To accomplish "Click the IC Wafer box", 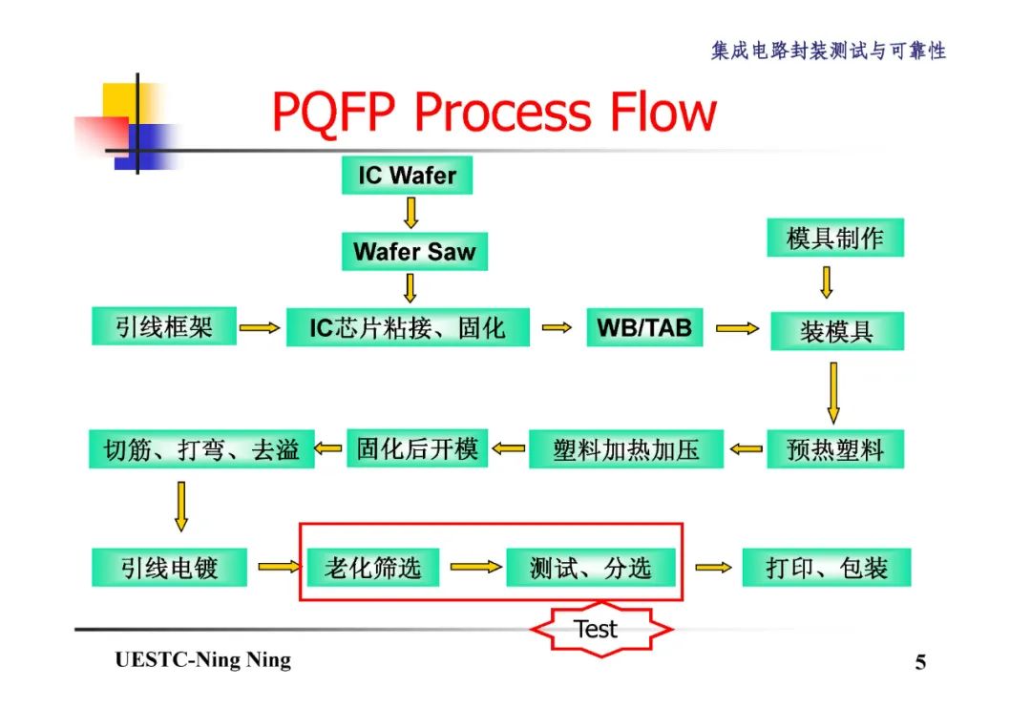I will point(407,176).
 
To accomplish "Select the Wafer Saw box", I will point(414,252).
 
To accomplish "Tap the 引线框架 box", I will point(164,327).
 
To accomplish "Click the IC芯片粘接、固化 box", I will point(408,328).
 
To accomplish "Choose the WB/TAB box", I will point(644,328).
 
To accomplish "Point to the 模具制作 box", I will point(835,239).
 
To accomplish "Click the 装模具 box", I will point(836,331).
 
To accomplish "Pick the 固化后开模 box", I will point(417,447).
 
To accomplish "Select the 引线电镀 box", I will point(170,568).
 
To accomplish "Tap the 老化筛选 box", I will point(372,568).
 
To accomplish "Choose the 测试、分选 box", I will point(590,568).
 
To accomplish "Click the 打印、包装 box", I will point(827,568).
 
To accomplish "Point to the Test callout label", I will point(597,629).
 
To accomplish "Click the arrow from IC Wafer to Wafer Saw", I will point(411,213).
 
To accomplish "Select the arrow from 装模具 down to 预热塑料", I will point(833,392).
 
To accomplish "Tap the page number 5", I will point(920,662).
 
